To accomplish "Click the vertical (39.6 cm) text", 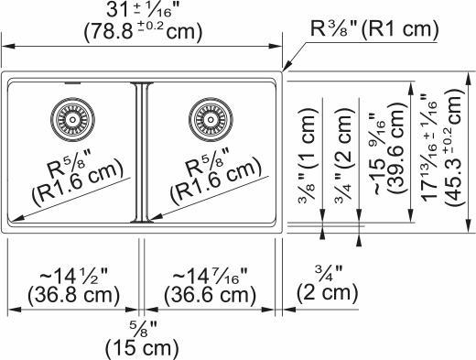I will pos(399,151).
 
